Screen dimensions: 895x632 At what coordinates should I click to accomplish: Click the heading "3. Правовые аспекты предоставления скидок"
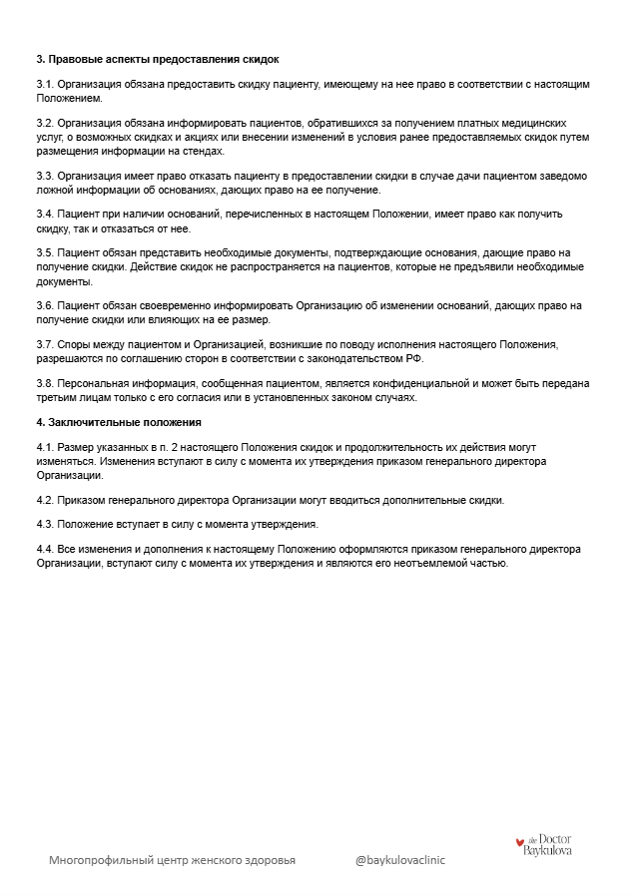point(157,60)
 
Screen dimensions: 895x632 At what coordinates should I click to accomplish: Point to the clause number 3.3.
point(44,176)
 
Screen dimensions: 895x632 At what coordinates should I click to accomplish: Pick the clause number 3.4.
point(44,215)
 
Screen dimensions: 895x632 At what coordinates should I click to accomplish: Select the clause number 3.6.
point(44,305)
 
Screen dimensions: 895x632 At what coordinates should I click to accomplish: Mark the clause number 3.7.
point(44,344)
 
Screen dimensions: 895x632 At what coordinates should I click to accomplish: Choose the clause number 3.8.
point(44,383)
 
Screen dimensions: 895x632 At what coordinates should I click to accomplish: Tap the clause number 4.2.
point(44,500)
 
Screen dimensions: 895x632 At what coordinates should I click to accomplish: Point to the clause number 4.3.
point(44,525)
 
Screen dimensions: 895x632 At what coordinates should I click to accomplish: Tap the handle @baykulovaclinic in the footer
point(400,859)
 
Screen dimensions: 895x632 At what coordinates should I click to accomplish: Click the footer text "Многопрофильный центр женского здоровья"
point(172,859)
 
